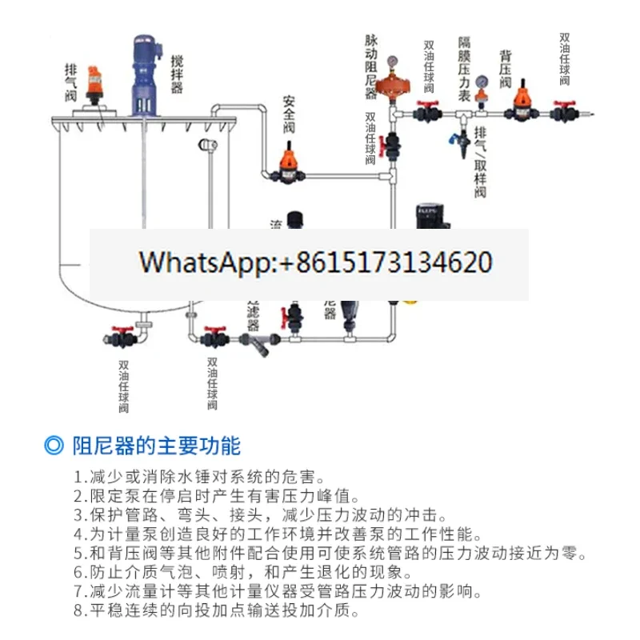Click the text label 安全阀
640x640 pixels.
tap(290, 115)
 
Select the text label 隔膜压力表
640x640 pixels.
tap(463, 67)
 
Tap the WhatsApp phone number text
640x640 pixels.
tap(316, 262)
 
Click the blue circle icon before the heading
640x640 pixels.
tap(54, 445)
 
